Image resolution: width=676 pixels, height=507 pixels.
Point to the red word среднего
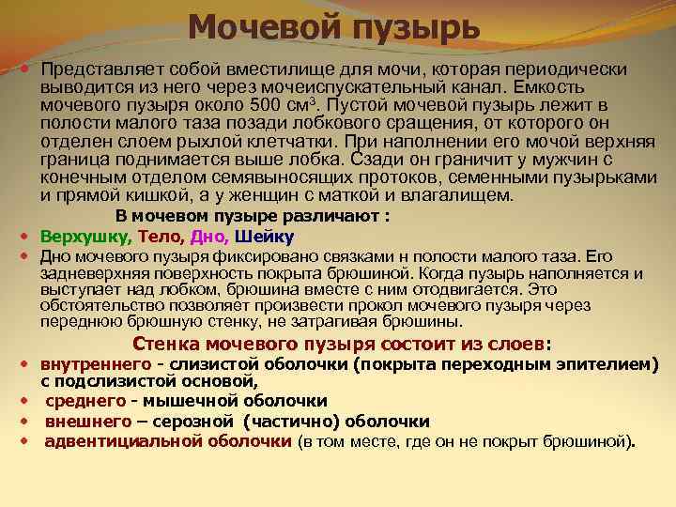(83, 401)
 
